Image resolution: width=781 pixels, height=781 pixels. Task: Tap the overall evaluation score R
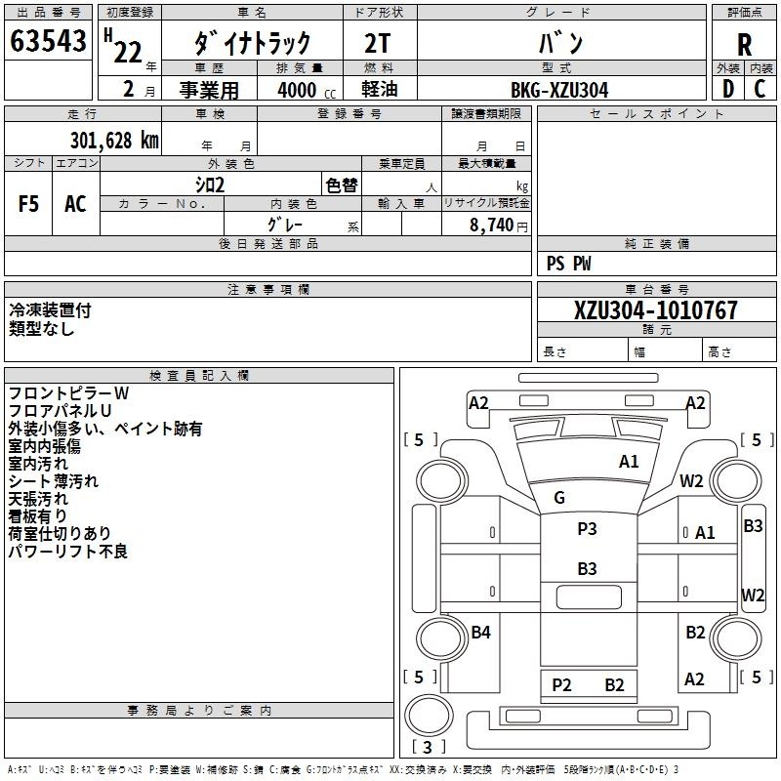pos(744,44)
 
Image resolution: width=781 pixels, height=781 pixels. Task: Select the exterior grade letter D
pos(727,89)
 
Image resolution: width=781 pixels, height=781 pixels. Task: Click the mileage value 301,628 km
pos(114,140)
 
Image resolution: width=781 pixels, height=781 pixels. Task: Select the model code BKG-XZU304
pos(559,90)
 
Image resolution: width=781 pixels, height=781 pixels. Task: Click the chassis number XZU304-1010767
pos(656,310)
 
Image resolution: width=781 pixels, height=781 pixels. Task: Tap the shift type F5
pos(29,204)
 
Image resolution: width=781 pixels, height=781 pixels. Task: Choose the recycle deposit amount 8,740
pos(492,226)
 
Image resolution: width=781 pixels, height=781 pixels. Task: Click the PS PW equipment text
pos(568,264)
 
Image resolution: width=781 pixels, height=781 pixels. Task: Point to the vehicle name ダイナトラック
pos(253,44)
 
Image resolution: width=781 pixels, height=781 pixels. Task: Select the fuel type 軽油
pos(380,90)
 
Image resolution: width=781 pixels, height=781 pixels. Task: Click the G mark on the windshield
pos(559,498)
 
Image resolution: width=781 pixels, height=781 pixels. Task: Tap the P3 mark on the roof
pos(587,529)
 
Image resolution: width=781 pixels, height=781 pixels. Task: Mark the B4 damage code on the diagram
pos(480,633)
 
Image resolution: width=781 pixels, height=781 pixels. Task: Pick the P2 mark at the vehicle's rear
pos(561,684)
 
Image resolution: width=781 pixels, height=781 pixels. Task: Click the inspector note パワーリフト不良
pos(67,552)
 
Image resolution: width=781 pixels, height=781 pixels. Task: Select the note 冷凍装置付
pos(50,310)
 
